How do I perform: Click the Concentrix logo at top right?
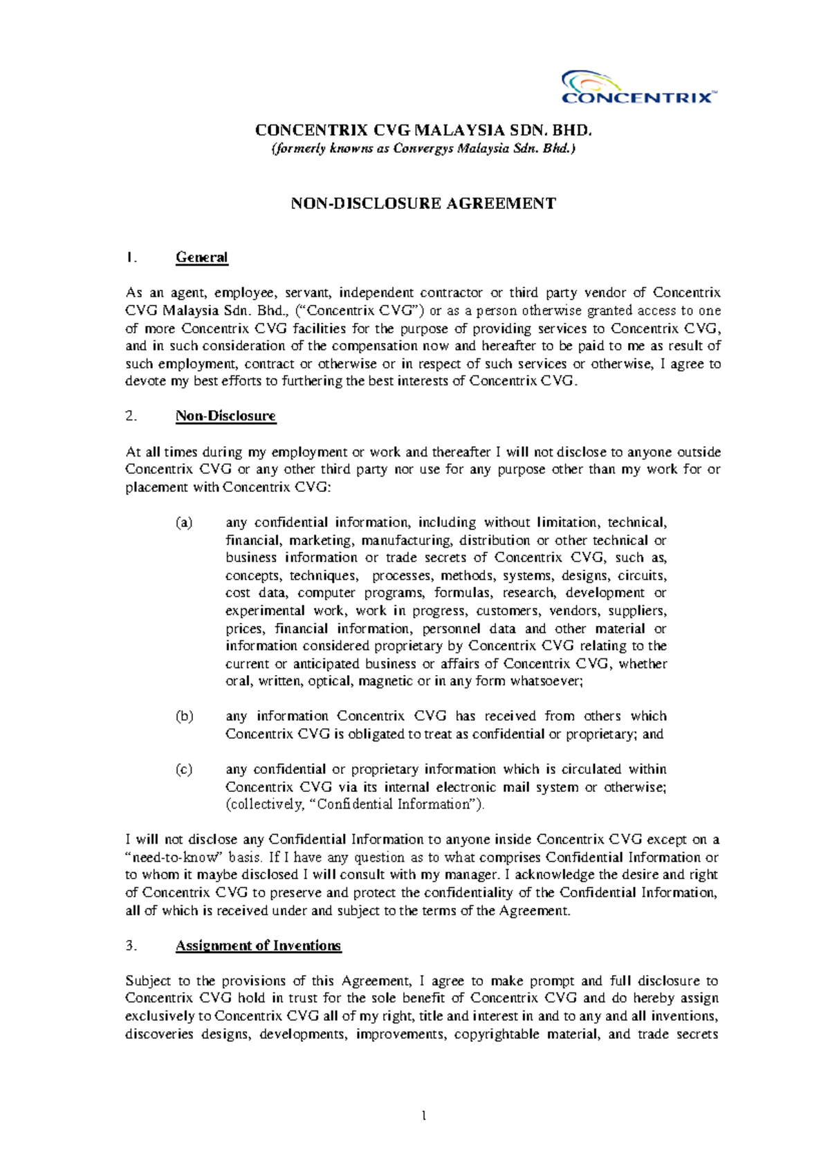tap(638, 87)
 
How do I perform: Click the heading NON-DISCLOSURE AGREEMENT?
tap(423, 203)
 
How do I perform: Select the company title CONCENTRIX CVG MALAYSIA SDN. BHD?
tap(423, 130)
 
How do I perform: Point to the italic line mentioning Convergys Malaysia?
tap(423, 148)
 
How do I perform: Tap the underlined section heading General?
tap(201, 257)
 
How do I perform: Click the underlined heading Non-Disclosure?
tap(225, 416)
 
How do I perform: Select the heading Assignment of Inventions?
tap(258, 945)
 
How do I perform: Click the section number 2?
tap(131, 416)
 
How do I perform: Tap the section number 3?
tap(131, 945)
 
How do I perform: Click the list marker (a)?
tap(184, 523)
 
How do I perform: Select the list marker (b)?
tap(184, 717)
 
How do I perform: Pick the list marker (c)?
tap(184, 769)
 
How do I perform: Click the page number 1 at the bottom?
tap(423, 1116)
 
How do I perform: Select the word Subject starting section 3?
tap(148, 981)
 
